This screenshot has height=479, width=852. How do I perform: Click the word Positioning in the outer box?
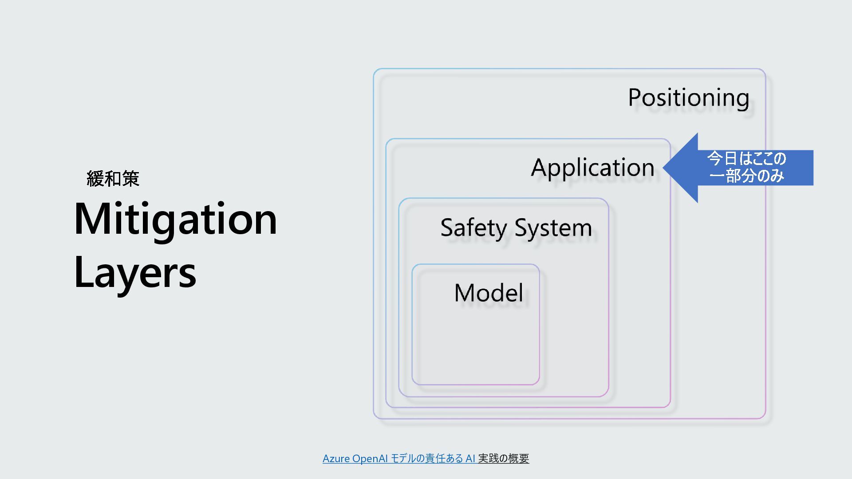[688, 98]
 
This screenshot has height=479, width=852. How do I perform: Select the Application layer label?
[592, 168]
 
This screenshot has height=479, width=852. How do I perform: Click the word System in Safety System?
[553, 228]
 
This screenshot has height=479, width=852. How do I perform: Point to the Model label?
[489, 293]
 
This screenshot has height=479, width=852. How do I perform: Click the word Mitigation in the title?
[175, 220]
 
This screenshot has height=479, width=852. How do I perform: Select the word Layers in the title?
[135, 273]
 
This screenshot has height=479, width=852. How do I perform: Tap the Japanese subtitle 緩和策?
[113, 179]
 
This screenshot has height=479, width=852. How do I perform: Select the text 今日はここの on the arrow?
[746, 158]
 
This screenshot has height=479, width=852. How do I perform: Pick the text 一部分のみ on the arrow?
[746, 176]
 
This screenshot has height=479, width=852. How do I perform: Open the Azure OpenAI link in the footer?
[355, 459]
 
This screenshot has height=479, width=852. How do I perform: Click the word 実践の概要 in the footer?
[504, 459]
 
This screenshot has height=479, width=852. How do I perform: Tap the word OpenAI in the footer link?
[370, 459]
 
